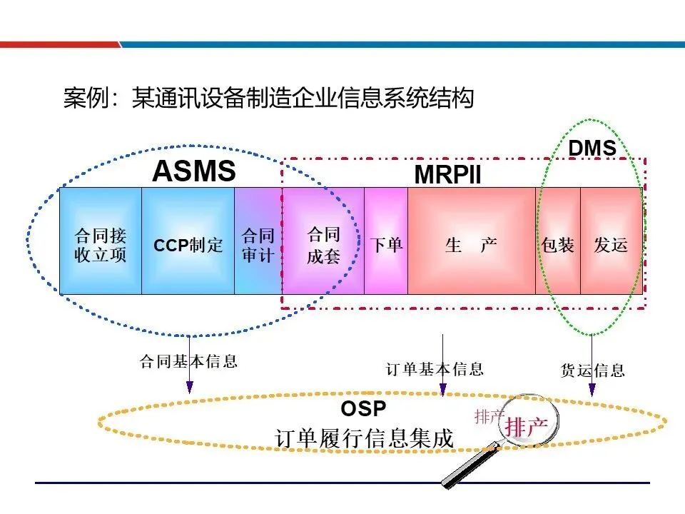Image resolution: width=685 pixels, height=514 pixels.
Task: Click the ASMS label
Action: (x=194, y=171)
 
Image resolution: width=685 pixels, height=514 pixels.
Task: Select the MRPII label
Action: (x=448, y=174)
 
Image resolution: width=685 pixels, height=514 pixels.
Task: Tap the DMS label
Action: (x=592, y=148)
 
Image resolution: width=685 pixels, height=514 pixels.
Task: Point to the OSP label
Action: (x=363, y=409)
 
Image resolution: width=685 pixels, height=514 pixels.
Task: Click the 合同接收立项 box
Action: (x=101, y=245)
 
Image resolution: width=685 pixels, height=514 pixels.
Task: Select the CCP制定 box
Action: (x=188, y=245)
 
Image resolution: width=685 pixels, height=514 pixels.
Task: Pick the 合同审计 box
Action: (x=258, y=245)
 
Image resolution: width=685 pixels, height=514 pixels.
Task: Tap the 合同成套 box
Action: (x=323, y=245)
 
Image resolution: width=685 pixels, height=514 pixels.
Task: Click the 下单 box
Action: (x=386, y=245)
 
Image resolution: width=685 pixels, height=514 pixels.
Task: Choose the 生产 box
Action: (x=471, y=245)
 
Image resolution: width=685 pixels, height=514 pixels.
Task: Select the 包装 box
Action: (x=558, y=245)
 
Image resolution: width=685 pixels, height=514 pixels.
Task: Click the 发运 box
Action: (x=612, y=245)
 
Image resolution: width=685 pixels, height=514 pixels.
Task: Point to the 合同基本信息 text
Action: (x=188, y=361)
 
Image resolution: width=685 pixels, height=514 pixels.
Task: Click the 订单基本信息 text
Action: (x=435, y=368)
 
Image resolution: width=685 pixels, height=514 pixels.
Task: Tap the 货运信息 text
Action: (x=593, y=370)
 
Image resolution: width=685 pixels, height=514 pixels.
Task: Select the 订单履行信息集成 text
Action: (x=364, y=438)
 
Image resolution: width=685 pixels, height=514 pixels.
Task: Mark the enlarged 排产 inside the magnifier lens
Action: (x=527, y=427)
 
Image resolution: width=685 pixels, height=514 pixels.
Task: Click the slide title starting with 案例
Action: (x=268, y=98)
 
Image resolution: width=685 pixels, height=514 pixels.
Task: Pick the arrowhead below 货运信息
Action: (x=592, y=390)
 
